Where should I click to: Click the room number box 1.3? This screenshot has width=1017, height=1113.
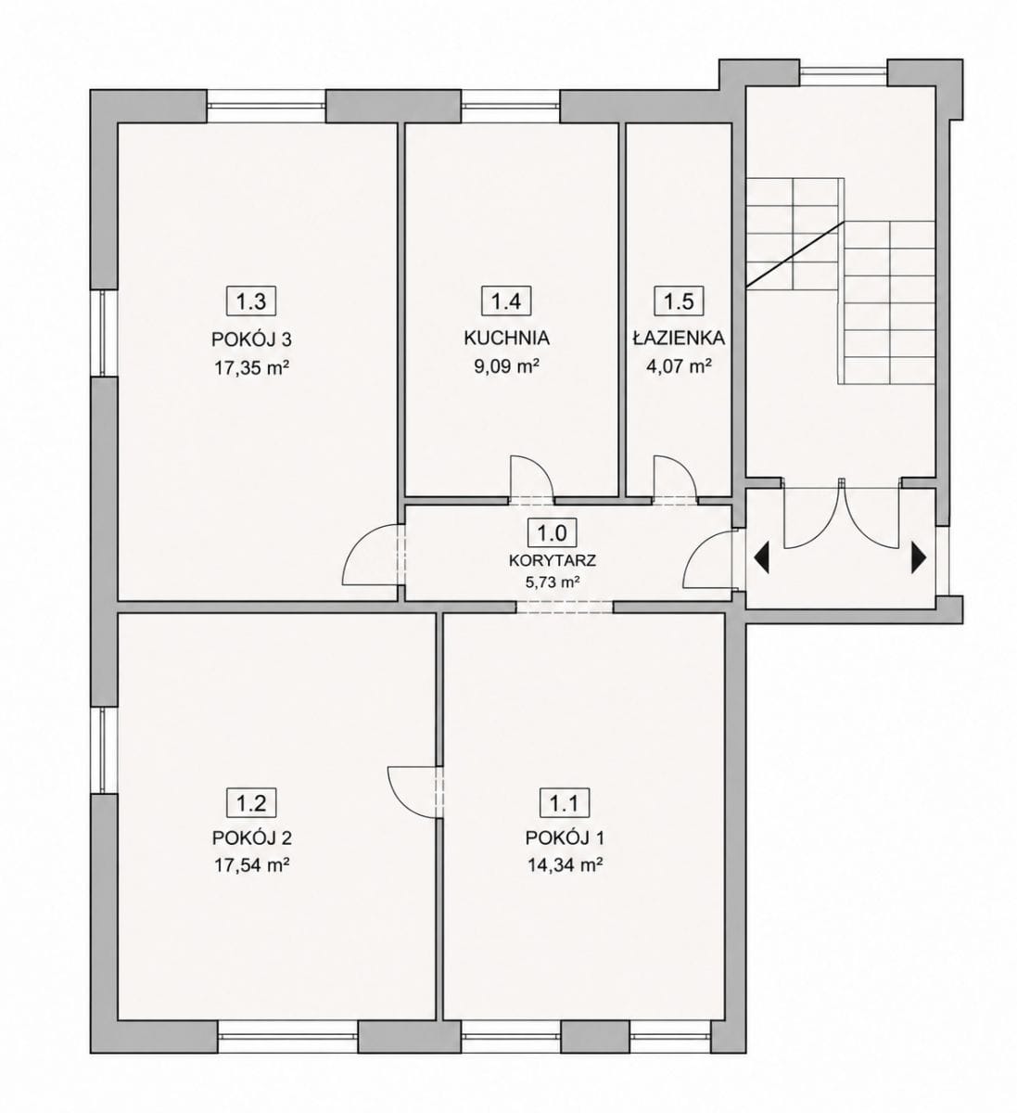[251, 301]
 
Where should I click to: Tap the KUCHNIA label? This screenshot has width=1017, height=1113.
[506, 338]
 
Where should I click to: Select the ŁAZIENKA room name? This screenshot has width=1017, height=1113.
[680, 338]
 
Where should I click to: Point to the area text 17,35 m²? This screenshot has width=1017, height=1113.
[253, 367]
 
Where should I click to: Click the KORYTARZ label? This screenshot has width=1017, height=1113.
[553, 560]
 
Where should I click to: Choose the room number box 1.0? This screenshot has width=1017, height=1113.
[552, 532]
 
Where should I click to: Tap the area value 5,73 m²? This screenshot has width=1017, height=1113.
[553, 582]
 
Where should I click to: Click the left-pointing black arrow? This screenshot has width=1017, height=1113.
[761, 557]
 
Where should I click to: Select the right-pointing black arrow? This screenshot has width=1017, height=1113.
[919, 557]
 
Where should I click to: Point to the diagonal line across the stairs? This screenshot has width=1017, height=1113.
[795, 254]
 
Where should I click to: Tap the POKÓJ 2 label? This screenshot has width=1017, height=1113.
[252, 838]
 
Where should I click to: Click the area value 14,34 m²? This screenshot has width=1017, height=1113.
[566, 865]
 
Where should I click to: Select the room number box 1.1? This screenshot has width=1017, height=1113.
[565, 803]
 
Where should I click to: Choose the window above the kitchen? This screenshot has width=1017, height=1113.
[511, 106]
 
